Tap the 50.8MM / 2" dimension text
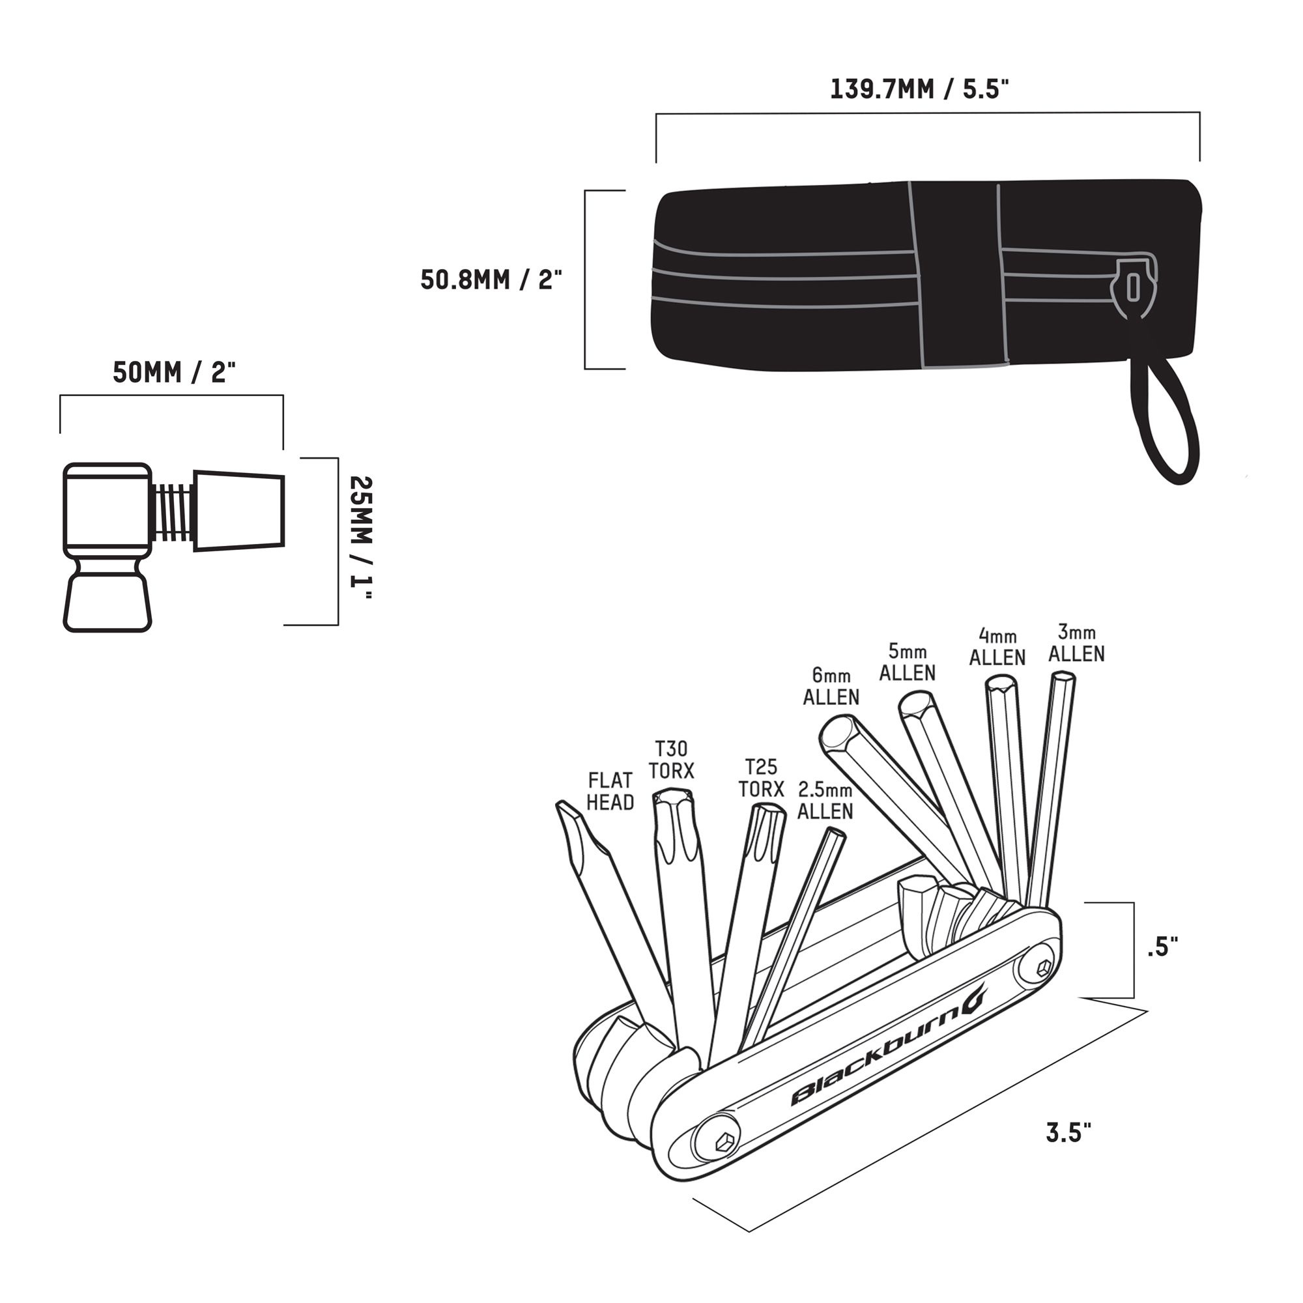[491, 279]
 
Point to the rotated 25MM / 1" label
[361, 537]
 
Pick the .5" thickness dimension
[1162, 947]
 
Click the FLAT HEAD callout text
[610, 791]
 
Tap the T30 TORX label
[671, 760]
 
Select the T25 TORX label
[761, 778]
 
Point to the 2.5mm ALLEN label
[825, 800]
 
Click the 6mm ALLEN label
[831, 686]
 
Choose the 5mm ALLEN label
[907, 662]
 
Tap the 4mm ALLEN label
[997, 646]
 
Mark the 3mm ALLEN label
[1076, 643]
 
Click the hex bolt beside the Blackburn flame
[1042, 968]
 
